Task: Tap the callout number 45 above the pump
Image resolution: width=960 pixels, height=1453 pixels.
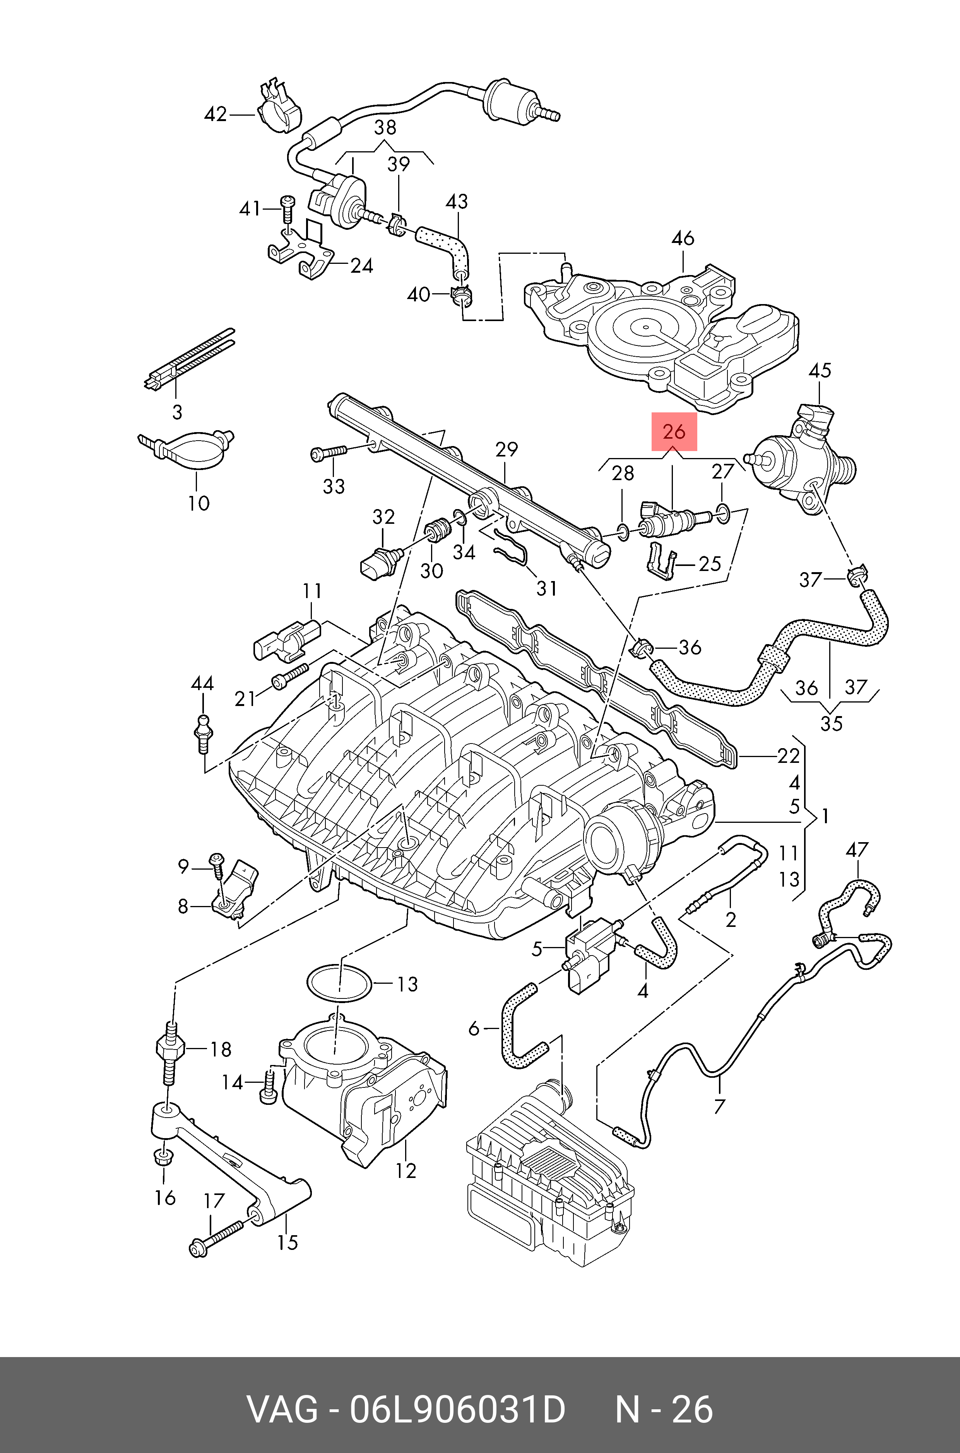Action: tap(820, 370)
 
